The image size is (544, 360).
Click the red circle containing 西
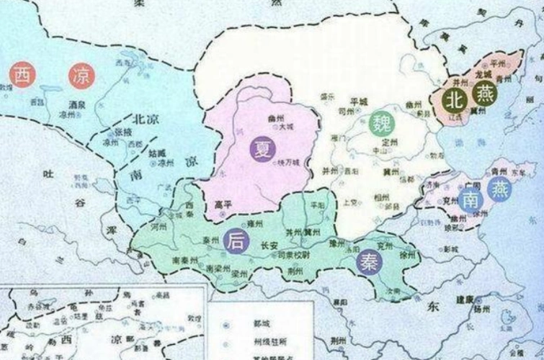[x=22, y=76]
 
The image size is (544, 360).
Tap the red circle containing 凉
[x=81, y=76]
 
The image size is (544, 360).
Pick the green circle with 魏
[x=381, y=124]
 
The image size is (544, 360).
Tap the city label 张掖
[x=124, y=133]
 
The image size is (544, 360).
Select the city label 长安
[x=267, y=243]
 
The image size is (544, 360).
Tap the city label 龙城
[x=483, y=75]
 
